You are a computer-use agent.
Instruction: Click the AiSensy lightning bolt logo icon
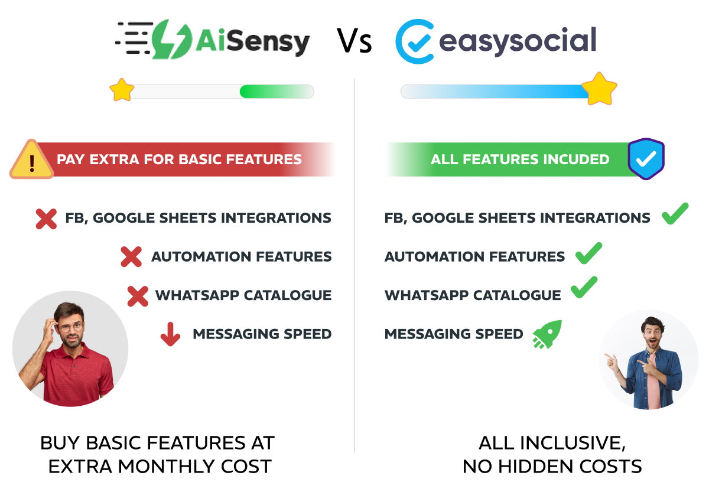coord(171,40)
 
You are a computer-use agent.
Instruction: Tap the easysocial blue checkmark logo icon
coord(415,41)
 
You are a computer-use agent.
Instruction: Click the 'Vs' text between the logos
coord(354,41)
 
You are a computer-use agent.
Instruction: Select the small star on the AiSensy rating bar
coord(122,90)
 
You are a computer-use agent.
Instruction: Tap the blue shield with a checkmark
coord(646,159)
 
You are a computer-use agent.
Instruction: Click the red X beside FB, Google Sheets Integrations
coord(46,219)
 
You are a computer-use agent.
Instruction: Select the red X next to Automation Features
coord(131,257)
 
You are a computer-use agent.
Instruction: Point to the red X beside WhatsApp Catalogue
coord(138,295)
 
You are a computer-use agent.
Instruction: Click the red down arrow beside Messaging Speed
coord(170,334)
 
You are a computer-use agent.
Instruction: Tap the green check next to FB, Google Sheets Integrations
coord(675,214)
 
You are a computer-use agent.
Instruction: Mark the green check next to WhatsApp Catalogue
coord(584,288)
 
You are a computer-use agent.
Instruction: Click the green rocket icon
coord(547,334)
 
